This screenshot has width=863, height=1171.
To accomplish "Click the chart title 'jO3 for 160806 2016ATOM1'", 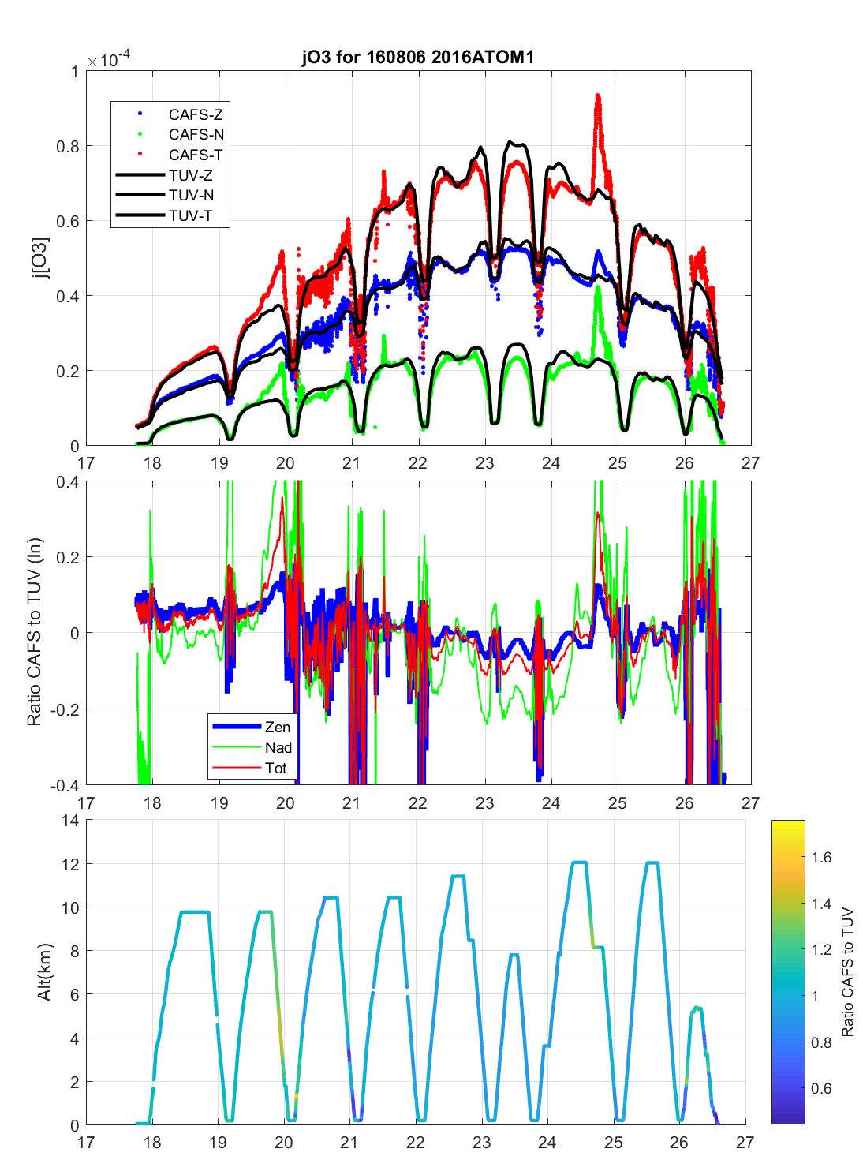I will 418,57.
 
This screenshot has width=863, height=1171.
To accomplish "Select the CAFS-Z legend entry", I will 195,115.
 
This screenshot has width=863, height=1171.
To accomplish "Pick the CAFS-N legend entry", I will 196,135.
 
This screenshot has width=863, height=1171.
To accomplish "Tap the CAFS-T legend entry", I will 195,155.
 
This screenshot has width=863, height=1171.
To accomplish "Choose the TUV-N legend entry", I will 190,196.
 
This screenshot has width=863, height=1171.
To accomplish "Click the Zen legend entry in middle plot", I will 277,727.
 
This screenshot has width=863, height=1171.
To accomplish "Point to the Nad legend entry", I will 278,747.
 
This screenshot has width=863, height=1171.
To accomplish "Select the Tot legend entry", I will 275,768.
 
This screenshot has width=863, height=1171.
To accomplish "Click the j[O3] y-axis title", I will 40,259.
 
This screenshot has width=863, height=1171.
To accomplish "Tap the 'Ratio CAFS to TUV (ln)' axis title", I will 34,632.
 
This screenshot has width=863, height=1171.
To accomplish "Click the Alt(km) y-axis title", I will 44,972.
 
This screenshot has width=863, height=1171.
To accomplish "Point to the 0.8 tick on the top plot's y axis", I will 69,146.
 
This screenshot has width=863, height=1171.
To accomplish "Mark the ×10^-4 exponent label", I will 109,61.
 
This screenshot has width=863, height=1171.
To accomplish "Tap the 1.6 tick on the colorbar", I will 821,858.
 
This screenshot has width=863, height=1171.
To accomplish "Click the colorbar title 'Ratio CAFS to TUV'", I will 847,972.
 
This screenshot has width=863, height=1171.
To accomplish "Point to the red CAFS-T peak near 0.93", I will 597,97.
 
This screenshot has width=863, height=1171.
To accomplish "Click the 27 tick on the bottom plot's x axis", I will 745,1142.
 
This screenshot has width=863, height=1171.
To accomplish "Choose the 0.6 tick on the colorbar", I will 821,1089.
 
